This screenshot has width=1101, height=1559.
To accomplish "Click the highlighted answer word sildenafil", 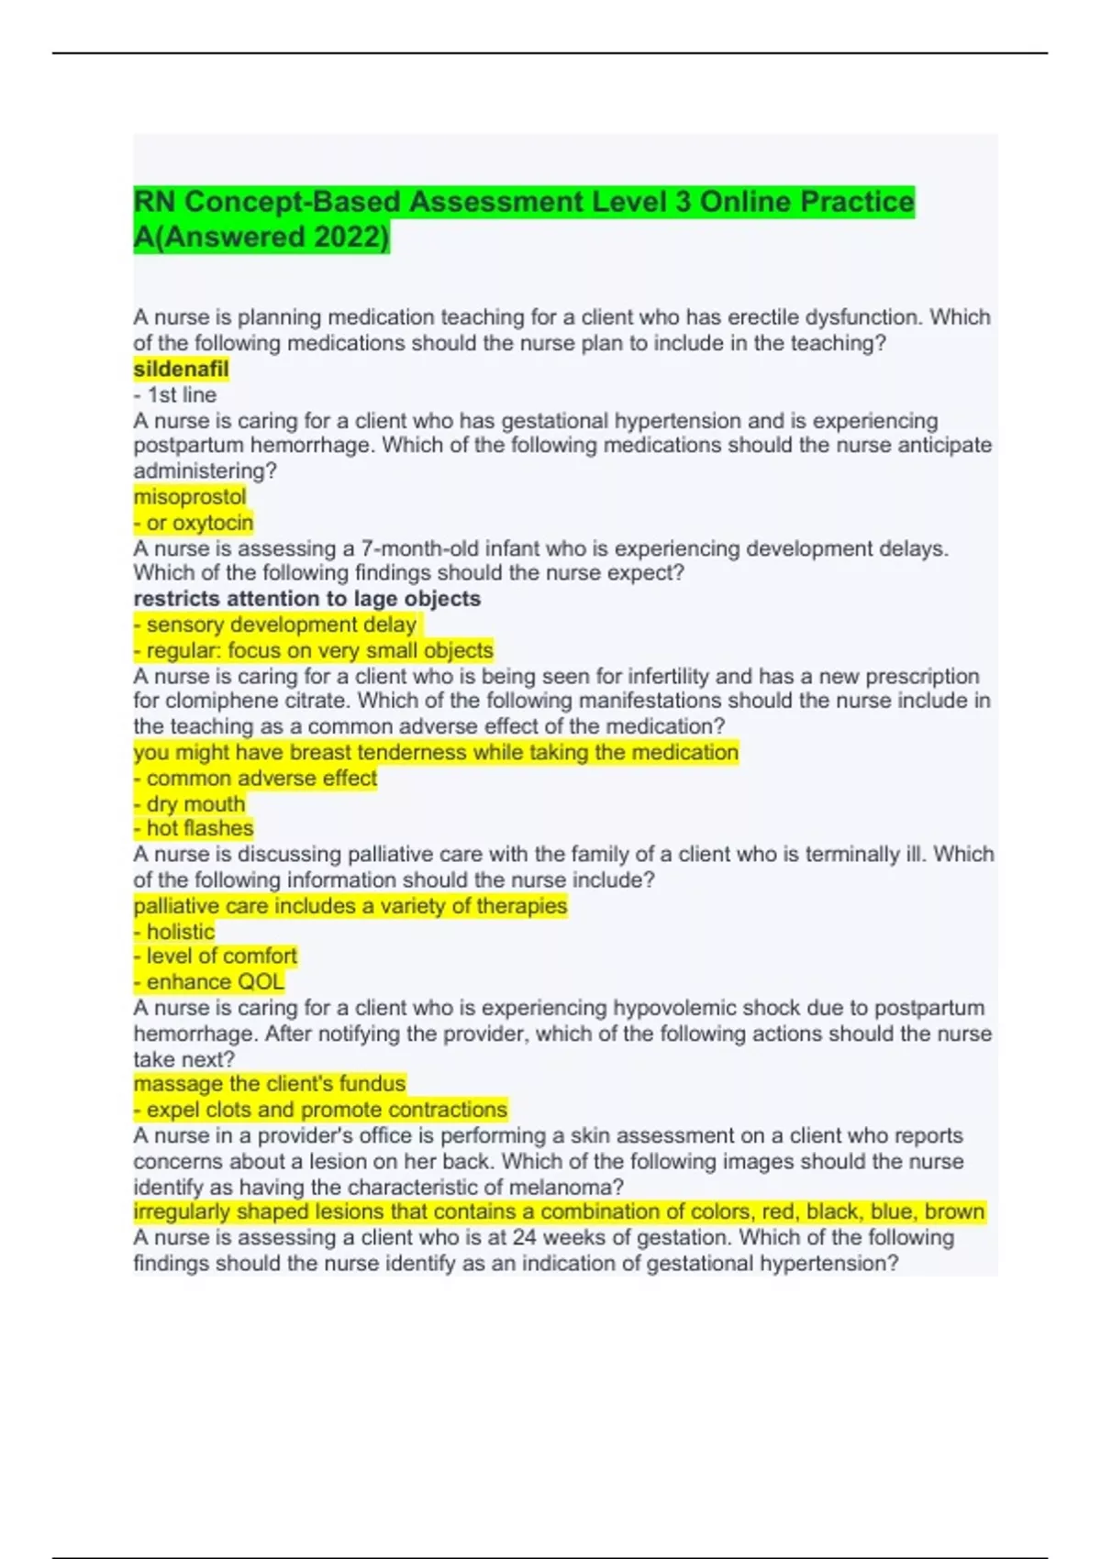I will click(x=181, y=370).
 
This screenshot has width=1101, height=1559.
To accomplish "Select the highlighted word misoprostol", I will click(x=190, y=497).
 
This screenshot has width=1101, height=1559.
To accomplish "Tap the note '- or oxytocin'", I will click(x=194, y=523).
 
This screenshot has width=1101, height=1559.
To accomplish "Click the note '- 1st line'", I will click(x=175, y=395).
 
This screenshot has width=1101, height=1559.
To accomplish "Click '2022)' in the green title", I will click(x=351, y=237).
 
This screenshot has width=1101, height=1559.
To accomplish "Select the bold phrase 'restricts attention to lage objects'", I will click(x=307, y=599).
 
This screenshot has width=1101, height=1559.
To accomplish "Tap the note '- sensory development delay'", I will click(x=275, y=625).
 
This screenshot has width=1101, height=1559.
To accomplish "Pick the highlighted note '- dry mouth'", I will click(x=190, y=803).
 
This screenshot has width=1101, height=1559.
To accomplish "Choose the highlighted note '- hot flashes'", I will click(x=194, y=828).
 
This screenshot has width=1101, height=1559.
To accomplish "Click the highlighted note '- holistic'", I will click(x=174, y=932).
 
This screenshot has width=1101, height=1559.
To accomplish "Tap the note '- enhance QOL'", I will click(x=209, y=982).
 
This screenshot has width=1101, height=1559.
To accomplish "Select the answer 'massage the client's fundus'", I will click(x=270, y=1084).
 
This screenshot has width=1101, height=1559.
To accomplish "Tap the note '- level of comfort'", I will click(x=216, y=956).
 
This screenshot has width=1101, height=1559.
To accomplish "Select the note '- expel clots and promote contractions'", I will click(x=320, y=1110).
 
